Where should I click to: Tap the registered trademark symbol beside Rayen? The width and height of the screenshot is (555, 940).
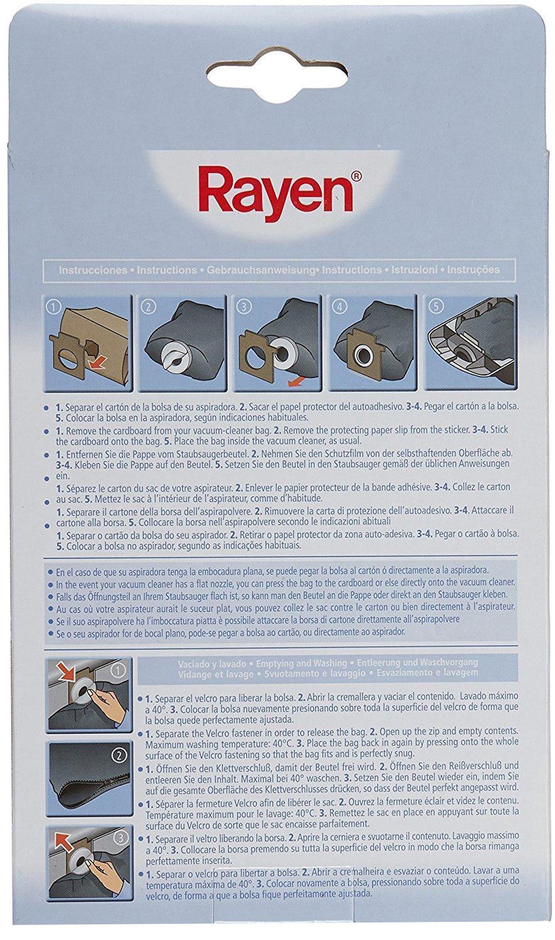pyautogui.click(x=357, y=175)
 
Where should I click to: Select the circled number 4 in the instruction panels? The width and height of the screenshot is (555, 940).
pyautogui.click(x=340, y=307)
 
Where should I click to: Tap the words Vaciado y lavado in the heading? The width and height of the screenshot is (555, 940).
pyautogui.click(x=212, y=664)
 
